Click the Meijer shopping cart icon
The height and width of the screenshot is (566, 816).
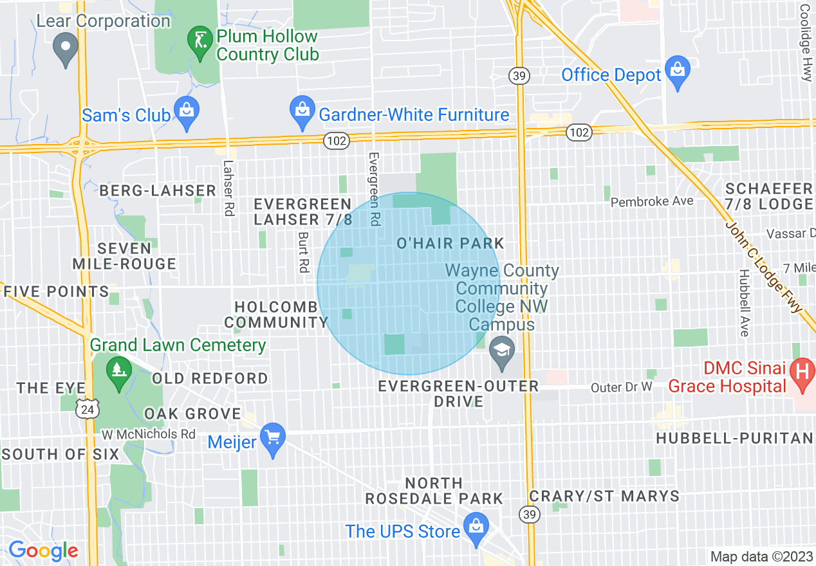(x=274, y=439)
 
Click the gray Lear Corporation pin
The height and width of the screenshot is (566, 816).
(x=65, y=48)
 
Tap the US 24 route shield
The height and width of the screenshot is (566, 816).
(x=87, y=408)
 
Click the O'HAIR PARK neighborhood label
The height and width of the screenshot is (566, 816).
(x=450, y=244)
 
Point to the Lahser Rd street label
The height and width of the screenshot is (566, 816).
(x=228, y=188)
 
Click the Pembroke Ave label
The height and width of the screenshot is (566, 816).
(x=652, y=201)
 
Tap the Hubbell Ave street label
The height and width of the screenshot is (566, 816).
(x=744, y=302)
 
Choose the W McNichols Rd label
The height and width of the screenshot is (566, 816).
(x=149, y=434)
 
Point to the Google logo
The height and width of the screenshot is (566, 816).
(x=43, y=551)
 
